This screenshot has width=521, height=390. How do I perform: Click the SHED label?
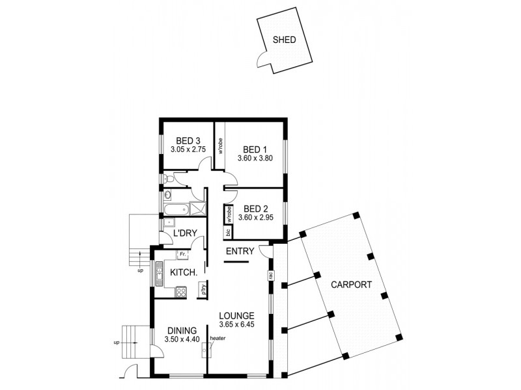click(284, 40)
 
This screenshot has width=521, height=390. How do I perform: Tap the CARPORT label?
click(350, 285)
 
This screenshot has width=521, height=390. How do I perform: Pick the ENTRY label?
click(238, 252)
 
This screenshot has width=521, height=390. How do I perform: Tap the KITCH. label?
click(182, 274)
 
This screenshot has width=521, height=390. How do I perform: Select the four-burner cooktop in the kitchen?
click(182, 291)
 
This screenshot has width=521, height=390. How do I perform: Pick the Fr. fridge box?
click(184, 253)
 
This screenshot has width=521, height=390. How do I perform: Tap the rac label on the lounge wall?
click(270, 276)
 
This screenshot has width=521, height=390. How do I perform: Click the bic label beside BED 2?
click(229, 231)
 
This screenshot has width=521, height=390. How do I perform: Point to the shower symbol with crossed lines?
click(198, 209)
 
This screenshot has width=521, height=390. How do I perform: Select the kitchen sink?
click(158, 272)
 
